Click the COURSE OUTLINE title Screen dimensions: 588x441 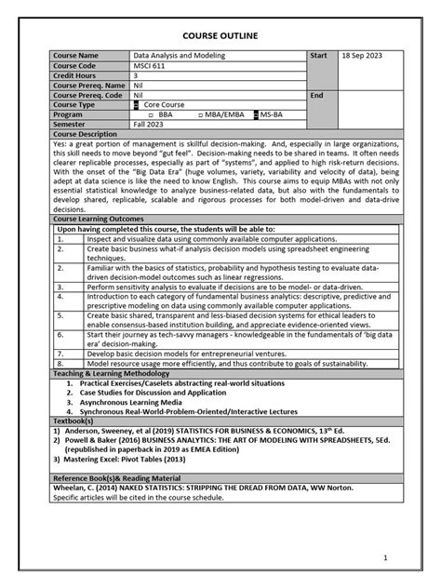tap(220, 35)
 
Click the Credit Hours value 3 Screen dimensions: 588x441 tap(137, 75)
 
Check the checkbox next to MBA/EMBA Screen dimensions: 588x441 tap(200, 114)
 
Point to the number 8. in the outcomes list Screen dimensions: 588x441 tap(60, 364)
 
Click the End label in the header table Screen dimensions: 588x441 tap(316, 95)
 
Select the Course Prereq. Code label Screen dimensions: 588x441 tap(88, 95)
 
